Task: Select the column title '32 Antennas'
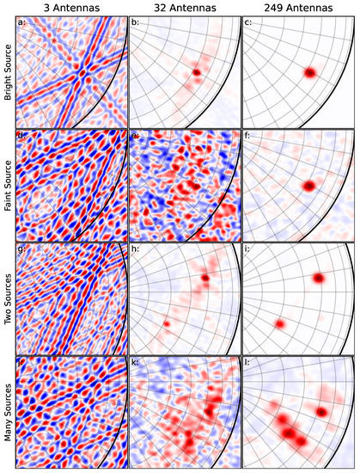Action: [x=184, y=8]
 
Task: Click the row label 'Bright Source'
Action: [x=8, y=73]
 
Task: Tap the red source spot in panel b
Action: [x=197, y=72]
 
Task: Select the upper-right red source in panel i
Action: [x=319, y=278]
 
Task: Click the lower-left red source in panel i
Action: [x=279, y=323]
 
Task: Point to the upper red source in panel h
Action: [x=205, y=278]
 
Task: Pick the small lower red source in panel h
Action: [x=167, y=323]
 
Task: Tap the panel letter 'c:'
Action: [x=249, y=23]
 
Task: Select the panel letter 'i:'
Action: [x=248, y=252]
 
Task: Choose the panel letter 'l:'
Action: [x=248, y=365]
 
